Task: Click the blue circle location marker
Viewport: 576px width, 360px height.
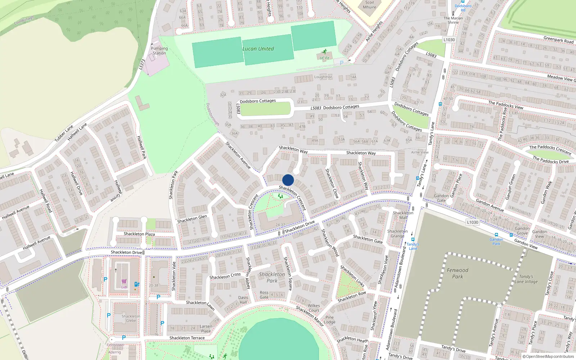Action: (x=288, y=180)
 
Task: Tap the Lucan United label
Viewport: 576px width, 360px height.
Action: (x=258, y=49)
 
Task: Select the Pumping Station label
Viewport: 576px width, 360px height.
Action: (x=159, y=51)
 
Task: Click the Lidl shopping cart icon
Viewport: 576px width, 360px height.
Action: (x=124, y=282)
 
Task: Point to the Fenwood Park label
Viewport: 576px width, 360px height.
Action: (x=458, y=273)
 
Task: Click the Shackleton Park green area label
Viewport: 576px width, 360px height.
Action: (x=272, y=277)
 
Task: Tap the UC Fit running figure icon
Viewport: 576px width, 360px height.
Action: (x=325, y=52)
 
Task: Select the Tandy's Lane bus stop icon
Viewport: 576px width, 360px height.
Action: (x=413, y=239)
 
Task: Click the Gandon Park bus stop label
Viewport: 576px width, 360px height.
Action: (x=496, y=242)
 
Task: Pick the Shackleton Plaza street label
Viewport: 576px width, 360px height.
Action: (x=139, y=234)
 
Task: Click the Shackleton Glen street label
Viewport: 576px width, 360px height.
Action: (x=192, y=219)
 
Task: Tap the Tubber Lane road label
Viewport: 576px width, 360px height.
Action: (x=64, y=133)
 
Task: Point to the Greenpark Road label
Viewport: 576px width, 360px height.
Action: (x=558, y=40)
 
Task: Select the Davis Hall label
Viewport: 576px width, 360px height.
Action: (x=243, y=300)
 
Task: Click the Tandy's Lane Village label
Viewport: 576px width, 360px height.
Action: (x=526, y=279)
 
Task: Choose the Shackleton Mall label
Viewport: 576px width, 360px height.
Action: (x=403, y=215)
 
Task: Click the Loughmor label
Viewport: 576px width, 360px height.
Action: (x=323, y=77)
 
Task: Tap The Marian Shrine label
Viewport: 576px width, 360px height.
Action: (x=453, y=20)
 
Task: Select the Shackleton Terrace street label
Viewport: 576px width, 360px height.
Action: (x=187, y=338)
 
